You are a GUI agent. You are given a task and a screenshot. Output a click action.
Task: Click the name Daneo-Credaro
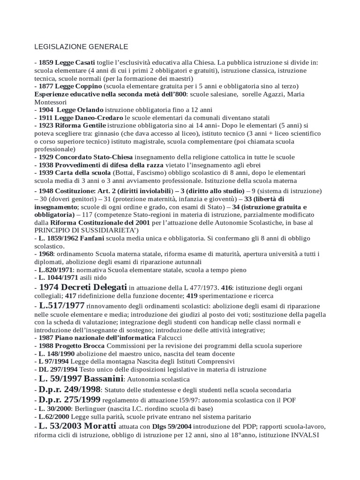(102, 118)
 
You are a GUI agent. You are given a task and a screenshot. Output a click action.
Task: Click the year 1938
(46, 165)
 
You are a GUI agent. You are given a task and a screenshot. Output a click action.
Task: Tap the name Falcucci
(169, 338)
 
